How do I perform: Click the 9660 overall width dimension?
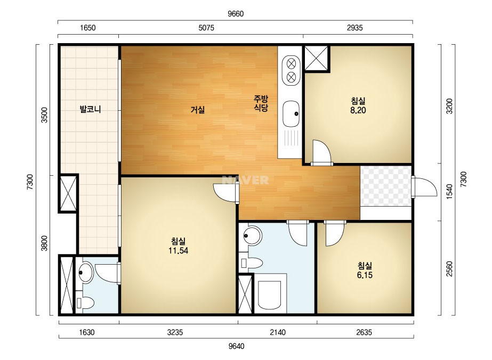click(236, 14)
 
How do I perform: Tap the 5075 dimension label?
click(206, 28)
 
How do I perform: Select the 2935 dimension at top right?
click(354, 28)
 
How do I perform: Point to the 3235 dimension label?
click(175, 332)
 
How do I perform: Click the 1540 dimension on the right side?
click(450, 192)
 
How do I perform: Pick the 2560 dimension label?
click(450, 269)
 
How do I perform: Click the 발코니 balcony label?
click(91, 110)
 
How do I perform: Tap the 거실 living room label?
click(198, 110)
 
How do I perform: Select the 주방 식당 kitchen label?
click(261, 104)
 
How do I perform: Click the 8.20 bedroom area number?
click(358, 110)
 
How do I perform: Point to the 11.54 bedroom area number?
click(178, 250)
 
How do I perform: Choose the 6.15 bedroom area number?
click(365, 275)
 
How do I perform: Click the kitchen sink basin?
click(291, 113)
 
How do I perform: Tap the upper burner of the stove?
click(291, 64)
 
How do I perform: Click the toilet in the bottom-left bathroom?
click(85, 303)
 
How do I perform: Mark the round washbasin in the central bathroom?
click(252, 236)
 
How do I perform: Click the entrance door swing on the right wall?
click(424, 187)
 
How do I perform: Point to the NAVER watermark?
click(245, 180)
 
